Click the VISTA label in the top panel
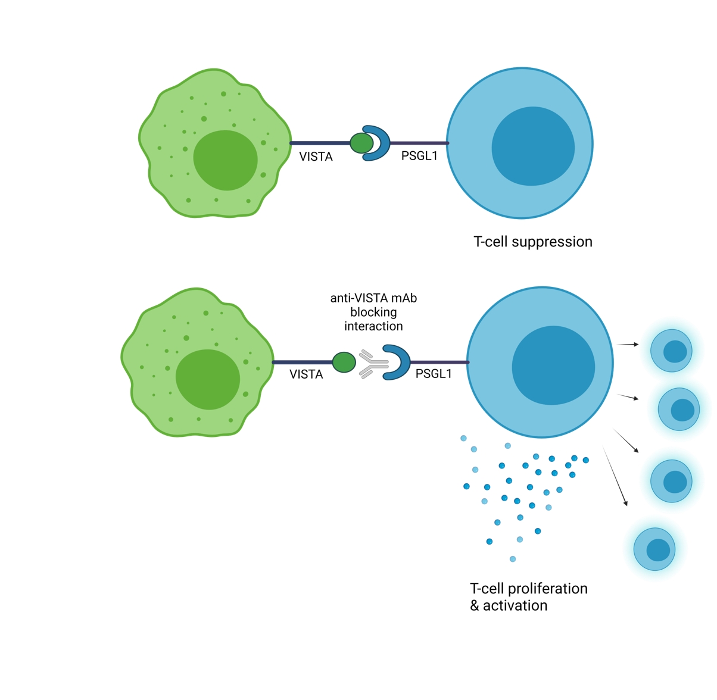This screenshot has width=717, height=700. pyautogui.click(x=316, y=157)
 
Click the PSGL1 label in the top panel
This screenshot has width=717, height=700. pyautogui.click(x=419, y=156)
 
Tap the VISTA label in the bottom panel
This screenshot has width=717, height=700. pyautogui.click(x=306, y=374)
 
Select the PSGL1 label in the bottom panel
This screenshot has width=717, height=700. pyautogui.click(x=434, y=374)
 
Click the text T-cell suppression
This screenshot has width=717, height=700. pyautogui.click(x=533, y=242)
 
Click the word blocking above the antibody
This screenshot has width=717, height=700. pyautogui.click(x=373, y=312)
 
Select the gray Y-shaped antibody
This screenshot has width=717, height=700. pyautogui.click(x=374, y=364)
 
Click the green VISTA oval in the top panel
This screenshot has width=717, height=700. pyautogui.click(x=361, y=143)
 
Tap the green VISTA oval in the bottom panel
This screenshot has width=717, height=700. pyautogui.click(x=344, y=362)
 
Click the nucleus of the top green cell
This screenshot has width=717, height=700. pyautogui.click(x=225, y=160)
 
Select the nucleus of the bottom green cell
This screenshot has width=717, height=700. pyautogui.click(x=208, y=379)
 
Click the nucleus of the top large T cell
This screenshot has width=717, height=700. pyautogui.click(x=533, y=146)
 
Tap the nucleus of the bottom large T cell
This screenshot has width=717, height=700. pyautogui.click(x=553, y=365)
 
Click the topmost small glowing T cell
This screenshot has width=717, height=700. pyautogui.click(x=671, y=351)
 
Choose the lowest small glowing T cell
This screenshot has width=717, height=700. pyautogui.click(x=654, y=549)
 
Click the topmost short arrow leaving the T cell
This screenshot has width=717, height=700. pyautogui.click(x=628, y=344)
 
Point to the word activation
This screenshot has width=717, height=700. pyautogui.click(x=515, y=606)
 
